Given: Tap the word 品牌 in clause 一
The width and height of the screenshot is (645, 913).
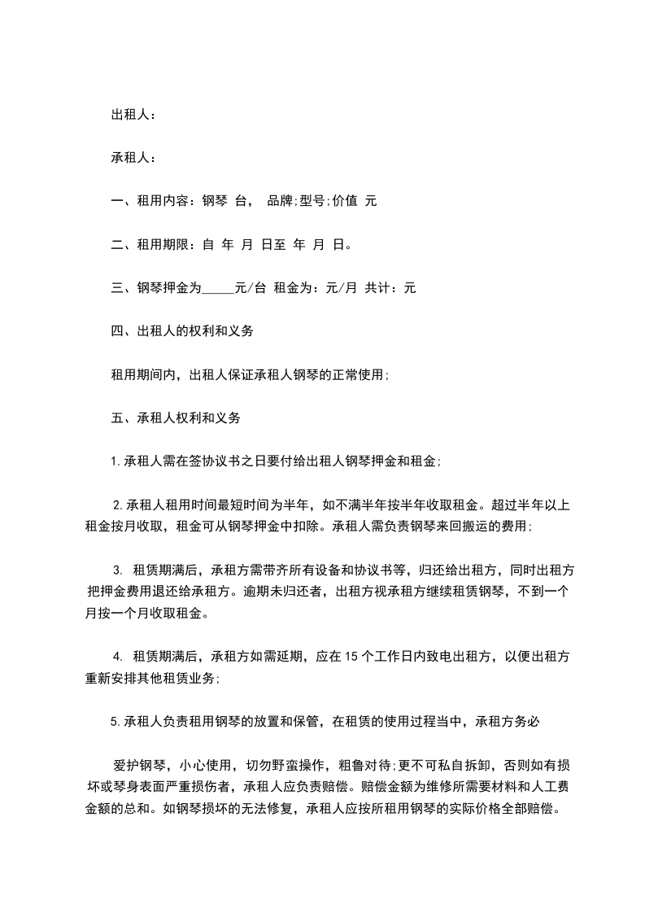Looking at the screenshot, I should [x=281, y=201].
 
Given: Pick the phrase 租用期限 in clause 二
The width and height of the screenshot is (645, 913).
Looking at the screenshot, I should [x=163, y=244].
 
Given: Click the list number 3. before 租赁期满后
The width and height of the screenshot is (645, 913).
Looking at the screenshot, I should [x=118, y=570].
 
